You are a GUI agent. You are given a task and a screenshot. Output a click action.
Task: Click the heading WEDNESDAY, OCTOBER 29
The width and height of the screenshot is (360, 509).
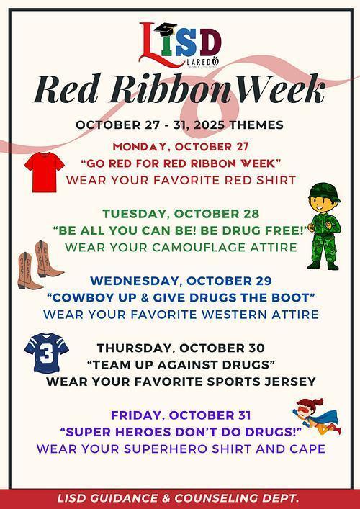(180, 281)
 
